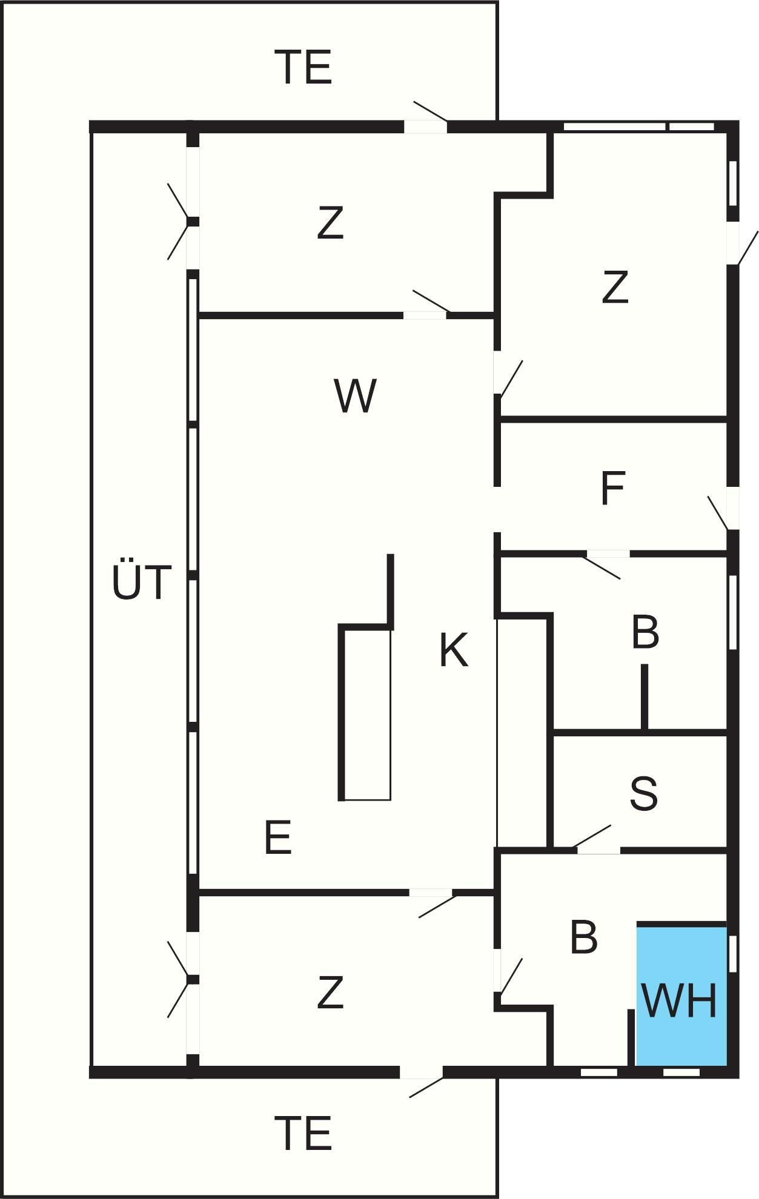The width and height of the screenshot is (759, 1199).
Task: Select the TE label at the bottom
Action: point(303,1134)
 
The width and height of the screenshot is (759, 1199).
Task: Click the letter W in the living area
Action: point(355,397)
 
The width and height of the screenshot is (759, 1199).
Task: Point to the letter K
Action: point(454,650)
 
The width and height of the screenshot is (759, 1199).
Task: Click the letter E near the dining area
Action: point(278,838)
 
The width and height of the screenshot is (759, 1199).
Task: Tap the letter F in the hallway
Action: point(612,489)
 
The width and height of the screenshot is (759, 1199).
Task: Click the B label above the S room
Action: point(645,633)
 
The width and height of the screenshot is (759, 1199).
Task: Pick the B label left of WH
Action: point(583,938)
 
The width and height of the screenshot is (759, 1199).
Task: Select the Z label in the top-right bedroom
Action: point(615,288)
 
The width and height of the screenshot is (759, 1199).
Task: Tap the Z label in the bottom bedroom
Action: point(330,993)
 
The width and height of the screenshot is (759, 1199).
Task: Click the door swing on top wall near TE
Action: point(430,113)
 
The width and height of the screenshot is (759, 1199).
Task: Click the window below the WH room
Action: point(681,1072)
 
